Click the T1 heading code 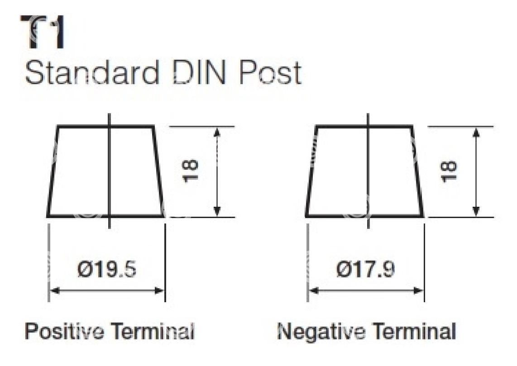tap(42, 32)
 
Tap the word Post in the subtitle tap(269, 72)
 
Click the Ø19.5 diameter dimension tap(107, 270)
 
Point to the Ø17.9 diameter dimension tap(365, 270)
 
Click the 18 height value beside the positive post tap(191, 170)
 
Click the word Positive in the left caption tap(64, 331)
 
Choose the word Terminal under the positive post tap(152, 331)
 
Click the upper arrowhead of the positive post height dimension tap(217, 133)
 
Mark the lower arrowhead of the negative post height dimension tap(475, 211)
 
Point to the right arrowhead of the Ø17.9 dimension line tap(418, 290)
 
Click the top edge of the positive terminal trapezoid tap(105, 126)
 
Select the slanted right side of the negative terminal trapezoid tap(417, 171)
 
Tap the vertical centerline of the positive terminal tap(109, 171)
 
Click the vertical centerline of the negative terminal tap(368, 171)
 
